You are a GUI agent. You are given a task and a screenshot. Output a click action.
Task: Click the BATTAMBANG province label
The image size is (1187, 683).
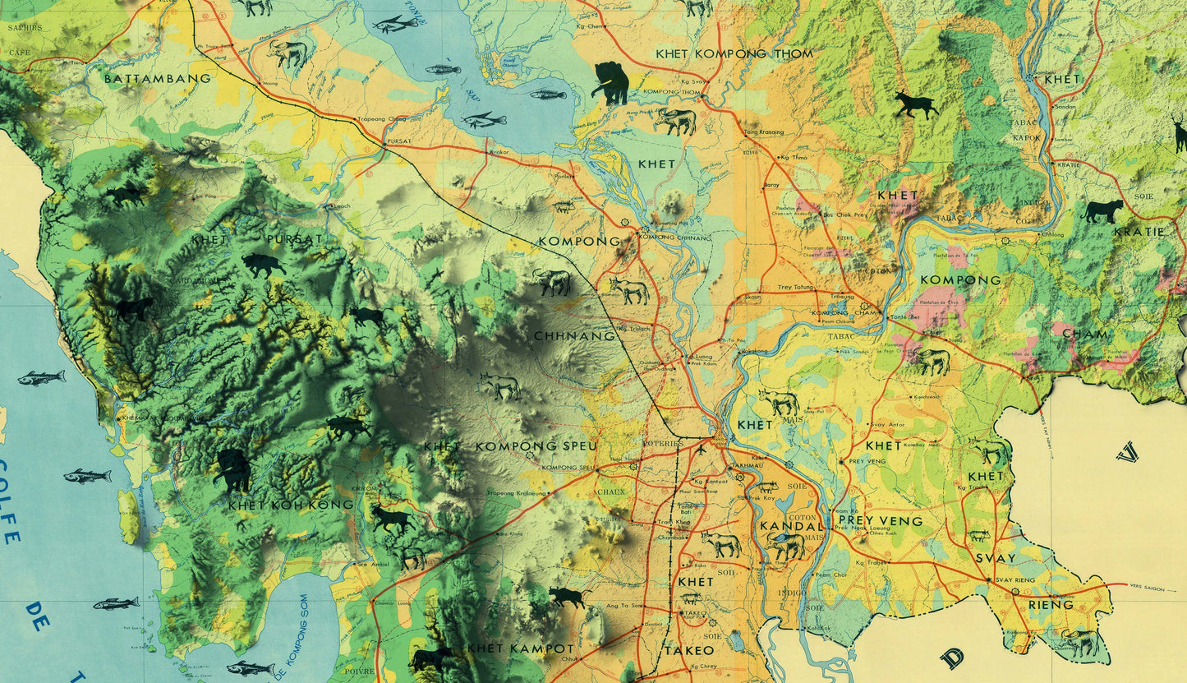click(158, 79)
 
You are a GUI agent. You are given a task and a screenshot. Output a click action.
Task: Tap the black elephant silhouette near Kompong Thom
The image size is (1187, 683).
click(611, 83)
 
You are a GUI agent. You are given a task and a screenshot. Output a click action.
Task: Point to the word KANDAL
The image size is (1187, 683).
click(791, 525)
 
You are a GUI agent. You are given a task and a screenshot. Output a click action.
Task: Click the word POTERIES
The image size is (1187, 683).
click(664, 444)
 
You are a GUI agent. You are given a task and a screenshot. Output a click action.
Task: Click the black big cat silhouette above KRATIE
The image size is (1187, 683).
click(1102, 211)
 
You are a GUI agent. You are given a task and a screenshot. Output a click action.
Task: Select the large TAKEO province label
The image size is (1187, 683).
click(689, 650)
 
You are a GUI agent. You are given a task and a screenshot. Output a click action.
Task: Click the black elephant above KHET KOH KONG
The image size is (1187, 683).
click(232, 470)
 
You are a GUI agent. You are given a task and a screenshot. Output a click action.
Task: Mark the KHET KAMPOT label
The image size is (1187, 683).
click(520, 648)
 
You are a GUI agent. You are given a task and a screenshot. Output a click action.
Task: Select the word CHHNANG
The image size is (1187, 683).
click(574, 336)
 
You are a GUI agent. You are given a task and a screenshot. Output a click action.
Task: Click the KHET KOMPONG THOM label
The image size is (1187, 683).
click(734, 54)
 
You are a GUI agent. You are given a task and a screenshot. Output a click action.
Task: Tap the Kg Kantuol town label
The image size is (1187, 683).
click(711, 481)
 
